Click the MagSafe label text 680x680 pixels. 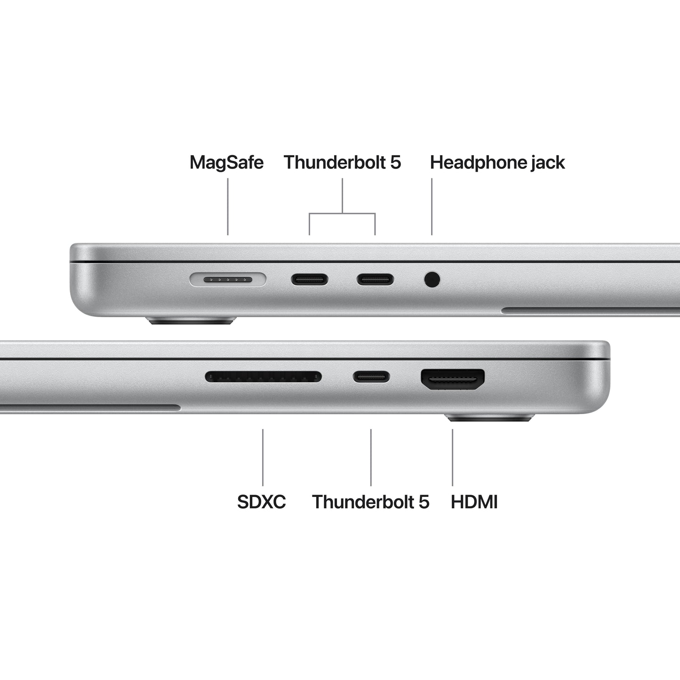pyautogui.click(x=226, y=162)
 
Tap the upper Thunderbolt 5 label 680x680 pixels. pyautogui.click(x=342, y=162)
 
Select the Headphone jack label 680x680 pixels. pyautogui.click(x=497, y=162)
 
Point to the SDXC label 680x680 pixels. pyautogui.click(x=261, y=502)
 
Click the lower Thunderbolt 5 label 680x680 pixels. pyautogui.click(x=370, y=502)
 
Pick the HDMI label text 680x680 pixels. pyautogui.click(x=474, y=502)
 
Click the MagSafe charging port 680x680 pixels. pyautogui.click(x=228, y=280)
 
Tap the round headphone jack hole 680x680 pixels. pyautogui.click(x=432, y=280)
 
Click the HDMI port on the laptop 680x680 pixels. pyautogui.click(x=453, y=379)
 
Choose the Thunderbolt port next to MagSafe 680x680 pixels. pyautogui.click(x=309, y=280)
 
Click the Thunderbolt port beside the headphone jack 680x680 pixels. pyautogui.click(x=375, y=280)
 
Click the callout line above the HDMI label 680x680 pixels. pyautogui.click(x=453, y=457)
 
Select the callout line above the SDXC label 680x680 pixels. pyautogui.click(x=263, y=457)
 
